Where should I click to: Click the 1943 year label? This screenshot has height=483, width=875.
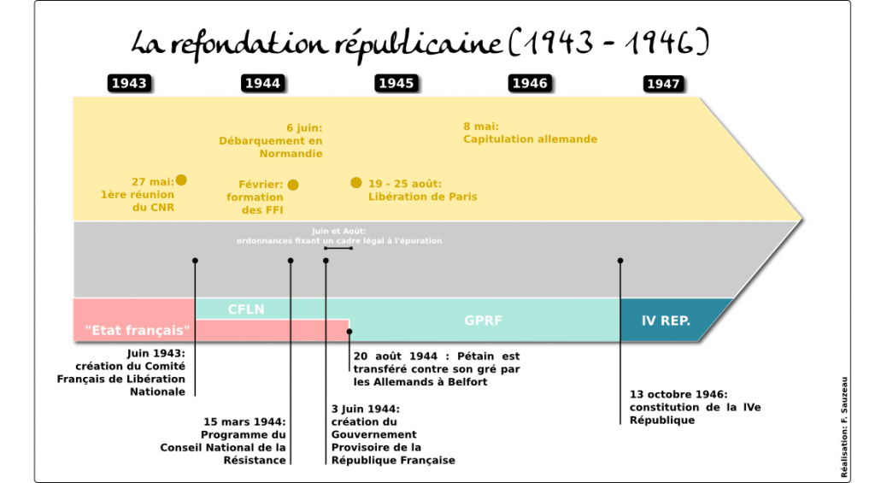click(129, 83)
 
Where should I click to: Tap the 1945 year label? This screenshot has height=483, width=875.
click(396, 83)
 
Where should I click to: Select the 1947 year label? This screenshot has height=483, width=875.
click(663, 84)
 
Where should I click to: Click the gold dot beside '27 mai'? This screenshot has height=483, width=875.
click(181, 180)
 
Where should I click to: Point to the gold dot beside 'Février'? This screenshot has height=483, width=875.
click(293, 185)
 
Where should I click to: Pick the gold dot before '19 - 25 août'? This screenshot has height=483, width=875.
click(356, 183)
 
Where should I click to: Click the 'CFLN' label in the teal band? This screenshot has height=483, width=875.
click(246, 309)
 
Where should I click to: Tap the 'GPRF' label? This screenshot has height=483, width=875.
click(484, 321)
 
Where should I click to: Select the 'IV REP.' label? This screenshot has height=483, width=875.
click(666, 321)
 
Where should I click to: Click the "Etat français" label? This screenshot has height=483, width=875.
click(138, 330)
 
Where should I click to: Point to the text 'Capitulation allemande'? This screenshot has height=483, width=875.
click(530, 139)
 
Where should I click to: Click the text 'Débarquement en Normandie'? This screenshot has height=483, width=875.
click(271, 147)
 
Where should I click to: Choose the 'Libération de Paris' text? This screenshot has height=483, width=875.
click(422, 197)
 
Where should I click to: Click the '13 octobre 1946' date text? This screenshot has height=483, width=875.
click(678, 394)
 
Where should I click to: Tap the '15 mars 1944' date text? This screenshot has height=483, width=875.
click(244, 421)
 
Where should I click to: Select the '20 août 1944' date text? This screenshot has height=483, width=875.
click(395, 356)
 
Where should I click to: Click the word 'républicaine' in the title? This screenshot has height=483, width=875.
click(419, 44)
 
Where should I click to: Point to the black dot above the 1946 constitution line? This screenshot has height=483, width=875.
click(620, 261)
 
